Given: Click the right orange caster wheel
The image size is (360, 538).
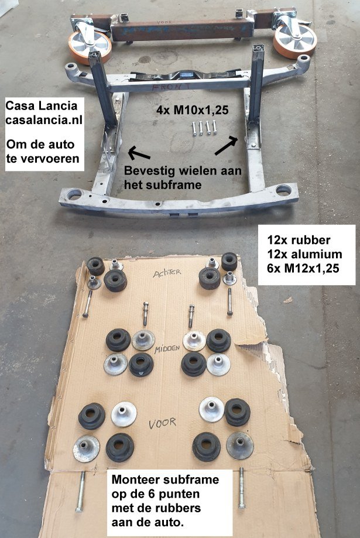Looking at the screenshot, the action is click(294, 40).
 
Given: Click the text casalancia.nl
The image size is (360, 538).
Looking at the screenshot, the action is click(43, 120).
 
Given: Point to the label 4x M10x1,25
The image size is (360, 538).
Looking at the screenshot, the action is click(192, 110).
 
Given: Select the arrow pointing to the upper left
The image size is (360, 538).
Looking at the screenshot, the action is click(139, 153).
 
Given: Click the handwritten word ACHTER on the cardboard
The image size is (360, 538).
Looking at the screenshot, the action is click(167, 273).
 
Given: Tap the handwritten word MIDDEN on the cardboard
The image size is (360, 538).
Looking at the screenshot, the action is click(167, 349).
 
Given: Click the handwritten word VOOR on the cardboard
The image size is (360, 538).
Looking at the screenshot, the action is click(162, 423).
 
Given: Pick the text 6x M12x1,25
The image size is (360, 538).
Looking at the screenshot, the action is click(303, 268).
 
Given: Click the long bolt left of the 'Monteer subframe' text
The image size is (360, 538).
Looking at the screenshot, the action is click(81, 491).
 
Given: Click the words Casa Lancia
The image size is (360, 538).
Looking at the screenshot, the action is click(42, 105).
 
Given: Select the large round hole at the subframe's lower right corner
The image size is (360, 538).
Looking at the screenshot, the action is click(283, 190).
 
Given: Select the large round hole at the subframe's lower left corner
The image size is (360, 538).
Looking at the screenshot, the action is click(74, 194).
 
